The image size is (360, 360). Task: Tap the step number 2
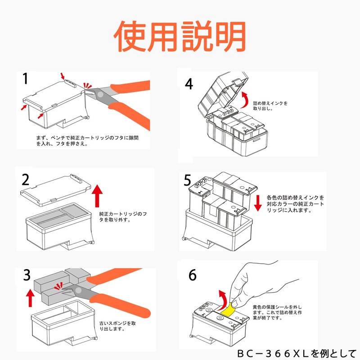(26, 180)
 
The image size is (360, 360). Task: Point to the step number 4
(189, 84)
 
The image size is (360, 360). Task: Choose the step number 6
(192, 274)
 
